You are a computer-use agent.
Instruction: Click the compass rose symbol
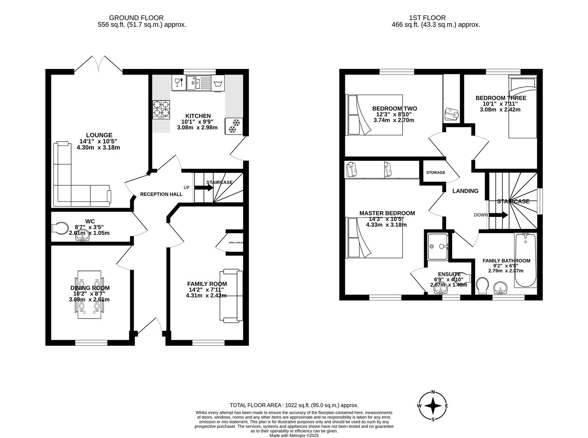click(433, 406)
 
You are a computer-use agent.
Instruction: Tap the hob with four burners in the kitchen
click(161, 109)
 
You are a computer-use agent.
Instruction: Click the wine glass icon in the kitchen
click(177, 83)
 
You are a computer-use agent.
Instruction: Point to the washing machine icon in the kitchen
click(218, 84)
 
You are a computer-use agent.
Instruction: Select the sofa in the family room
click(231, 296)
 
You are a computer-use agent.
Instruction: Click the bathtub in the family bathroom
click(526, 260)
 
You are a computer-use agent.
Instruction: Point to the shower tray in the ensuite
click(438, 247)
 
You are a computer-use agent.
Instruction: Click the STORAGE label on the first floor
click(435, 172)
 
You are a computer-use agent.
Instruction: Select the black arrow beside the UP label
click(201, 187)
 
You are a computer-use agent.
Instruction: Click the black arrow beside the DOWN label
click(499, 215)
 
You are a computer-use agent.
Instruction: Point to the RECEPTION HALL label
click(161, 194)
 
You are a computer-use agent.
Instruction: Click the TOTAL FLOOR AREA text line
click(294, 405)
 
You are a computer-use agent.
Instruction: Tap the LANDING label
click(465, 191)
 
